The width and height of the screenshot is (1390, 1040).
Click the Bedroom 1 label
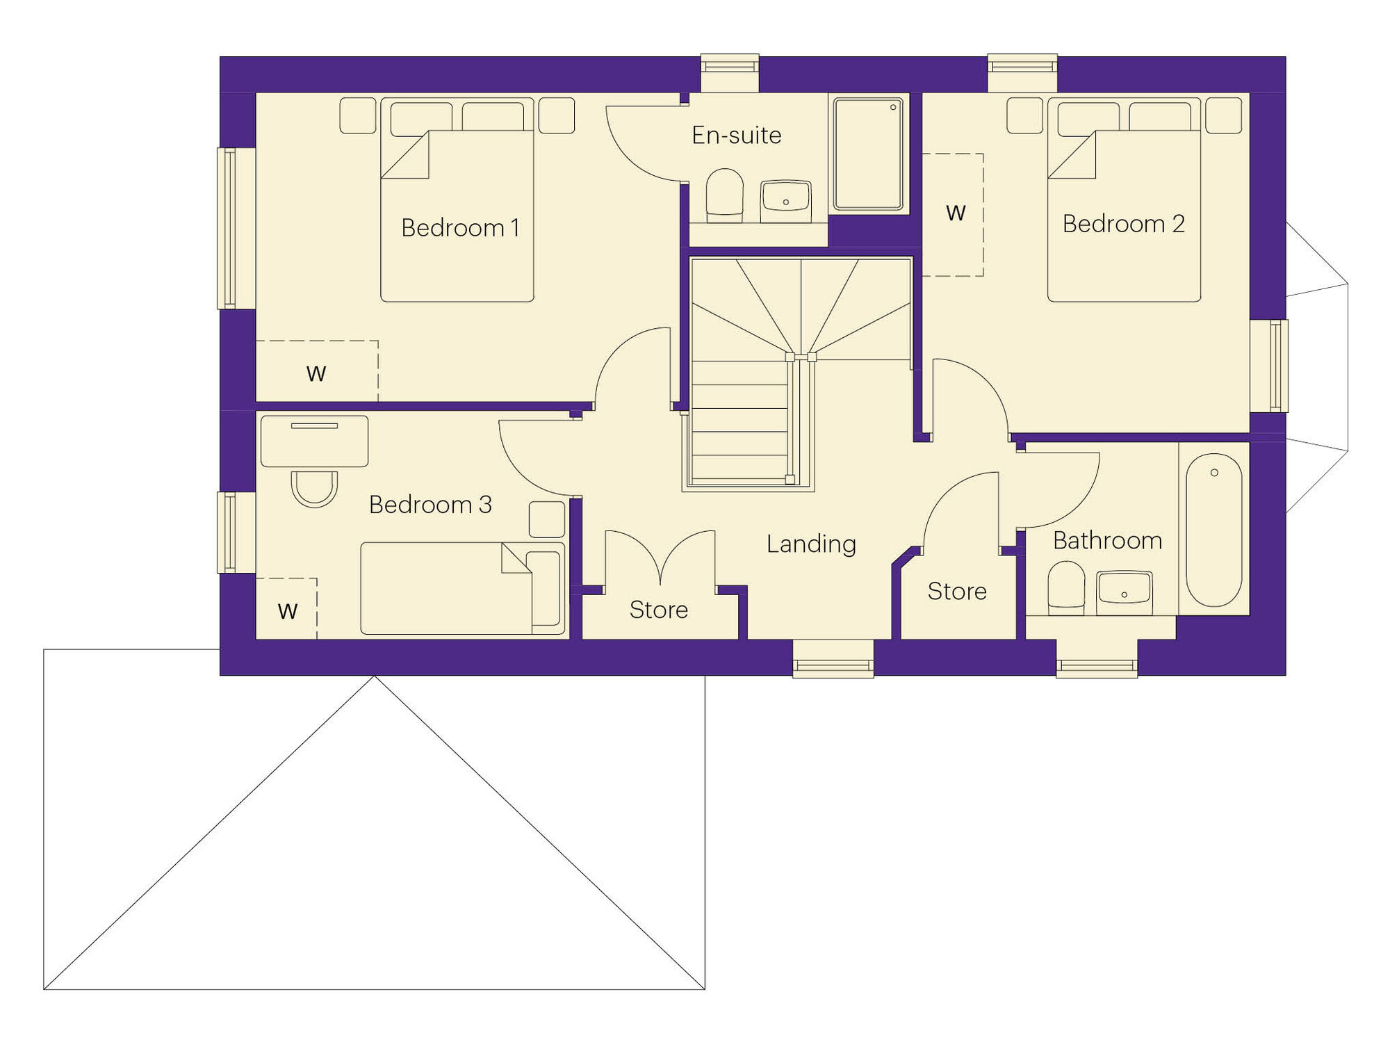pos(460,228)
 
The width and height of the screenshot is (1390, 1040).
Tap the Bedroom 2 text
pos(1123,224)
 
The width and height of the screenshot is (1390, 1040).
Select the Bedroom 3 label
pos(430,505)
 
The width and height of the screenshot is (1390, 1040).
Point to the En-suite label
pos(737,135)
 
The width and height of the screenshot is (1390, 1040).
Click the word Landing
pos(811,544)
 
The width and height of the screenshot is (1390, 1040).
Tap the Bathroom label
pos(1107,541)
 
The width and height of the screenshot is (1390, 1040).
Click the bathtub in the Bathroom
pos(1213,530)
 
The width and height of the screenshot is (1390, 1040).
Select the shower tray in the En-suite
pos(868,154)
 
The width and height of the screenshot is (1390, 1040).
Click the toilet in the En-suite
pos(724,195)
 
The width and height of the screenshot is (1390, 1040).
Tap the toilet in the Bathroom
pos(1066,588)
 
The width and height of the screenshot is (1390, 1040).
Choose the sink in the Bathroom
pos(1125,592)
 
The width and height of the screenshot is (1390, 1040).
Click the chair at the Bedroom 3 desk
pos(314,489)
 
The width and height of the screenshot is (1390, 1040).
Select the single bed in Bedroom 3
pos(462,588)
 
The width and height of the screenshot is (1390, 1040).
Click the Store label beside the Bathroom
pos(957,592)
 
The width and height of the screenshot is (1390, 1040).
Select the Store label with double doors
pos(659,610)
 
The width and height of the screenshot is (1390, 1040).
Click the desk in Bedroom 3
pos(314,441)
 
